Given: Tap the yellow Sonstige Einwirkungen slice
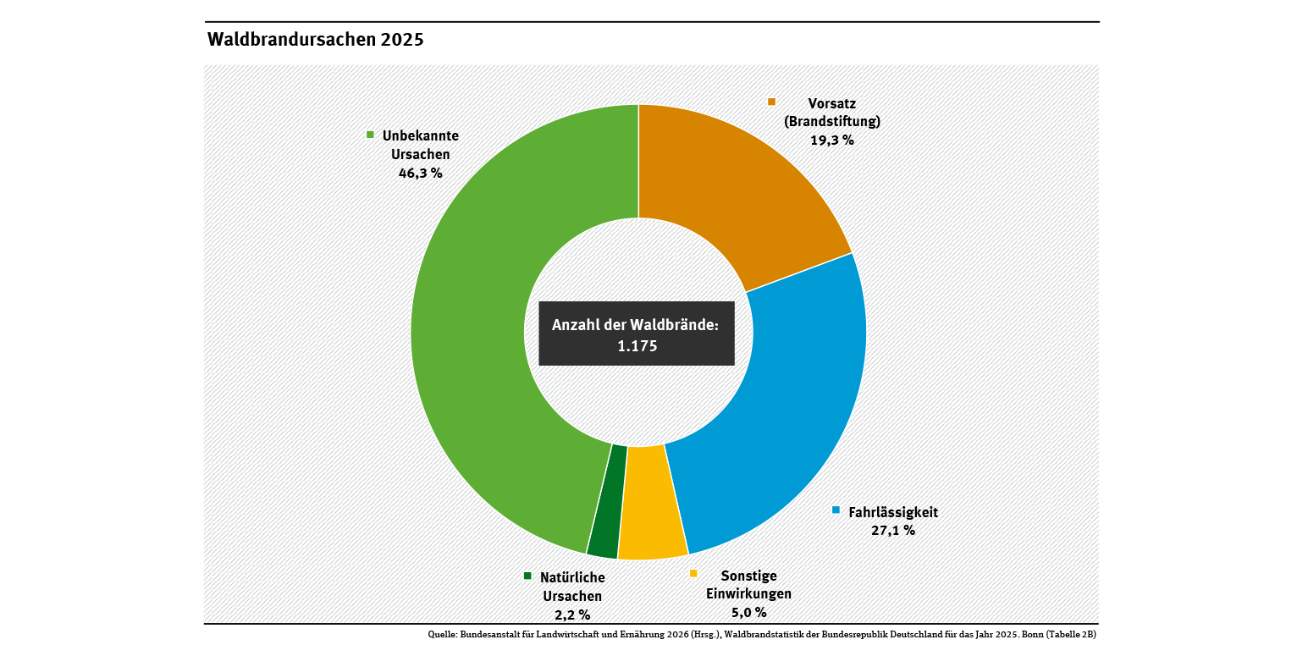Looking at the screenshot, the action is click(x=651, y=502).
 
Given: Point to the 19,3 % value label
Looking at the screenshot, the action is click(x=832, y=140).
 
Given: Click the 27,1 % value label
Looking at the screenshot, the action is click(x=893, y=531).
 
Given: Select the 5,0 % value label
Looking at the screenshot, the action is click(x=748, y=612).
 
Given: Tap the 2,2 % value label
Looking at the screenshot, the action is click(x=572, y=615).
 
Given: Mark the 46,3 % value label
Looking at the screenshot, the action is click(x=421, y=174).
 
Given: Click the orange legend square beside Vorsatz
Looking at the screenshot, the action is click(x=771, y=102).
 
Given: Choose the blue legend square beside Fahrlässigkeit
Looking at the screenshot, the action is click(x=836, y=510).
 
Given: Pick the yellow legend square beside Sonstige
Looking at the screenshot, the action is click(x=693, y=573).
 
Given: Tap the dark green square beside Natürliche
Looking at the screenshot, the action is click(x=528, y=576).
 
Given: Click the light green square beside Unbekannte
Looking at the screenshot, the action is click(x=370, y=135).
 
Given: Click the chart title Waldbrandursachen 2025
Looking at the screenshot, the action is click(x=315, y=40).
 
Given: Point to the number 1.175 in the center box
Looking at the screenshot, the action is click(x=637, y=346).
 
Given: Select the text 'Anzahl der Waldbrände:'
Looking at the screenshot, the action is click(x=635, y=325).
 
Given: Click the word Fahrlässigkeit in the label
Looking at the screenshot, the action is click(x=893, y=512).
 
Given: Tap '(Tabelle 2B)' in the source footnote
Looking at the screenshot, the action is click(x=1071, y=634).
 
